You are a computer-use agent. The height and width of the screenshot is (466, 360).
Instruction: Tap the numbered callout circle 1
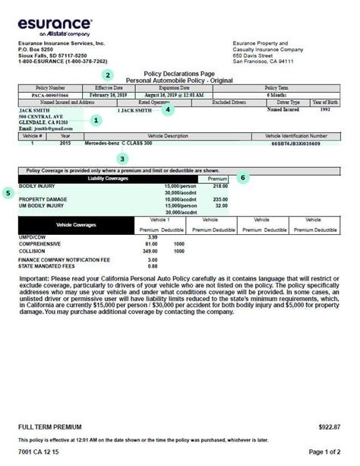point(96,120)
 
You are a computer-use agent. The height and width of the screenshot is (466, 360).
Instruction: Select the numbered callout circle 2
point(109,74)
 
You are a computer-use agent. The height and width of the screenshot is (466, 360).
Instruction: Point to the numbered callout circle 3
point(123,159)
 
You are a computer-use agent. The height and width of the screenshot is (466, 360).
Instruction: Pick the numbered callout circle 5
point(8,193)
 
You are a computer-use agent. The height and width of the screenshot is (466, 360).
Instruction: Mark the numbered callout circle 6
point(243,177)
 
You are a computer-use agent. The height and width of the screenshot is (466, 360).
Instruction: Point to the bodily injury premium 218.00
point(220,185)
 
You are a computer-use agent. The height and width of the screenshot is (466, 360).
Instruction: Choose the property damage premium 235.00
point(220,199)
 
